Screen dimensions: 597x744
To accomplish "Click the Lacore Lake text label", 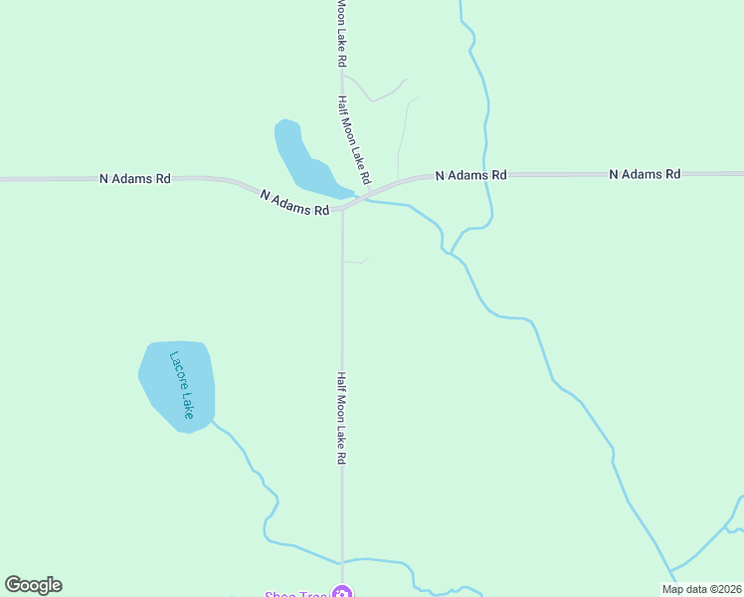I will click(181, 385).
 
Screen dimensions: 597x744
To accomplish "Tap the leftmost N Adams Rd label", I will click(135, 179).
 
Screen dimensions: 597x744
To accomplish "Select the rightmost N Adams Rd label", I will click(645, 174).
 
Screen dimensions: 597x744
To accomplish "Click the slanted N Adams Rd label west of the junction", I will click(294, 203).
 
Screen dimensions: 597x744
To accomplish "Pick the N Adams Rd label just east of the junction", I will click(471, 175).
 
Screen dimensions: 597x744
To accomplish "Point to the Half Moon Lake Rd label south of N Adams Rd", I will click(340, 419).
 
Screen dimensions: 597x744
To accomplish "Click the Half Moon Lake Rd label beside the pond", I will click(353, 140).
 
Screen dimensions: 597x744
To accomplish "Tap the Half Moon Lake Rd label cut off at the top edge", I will click(341, 33).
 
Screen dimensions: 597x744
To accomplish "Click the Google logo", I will click(33, 585).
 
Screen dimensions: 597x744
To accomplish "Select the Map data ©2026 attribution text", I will click(702, 589).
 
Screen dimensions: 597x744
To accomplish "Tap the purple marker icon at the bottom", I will click(342, 593).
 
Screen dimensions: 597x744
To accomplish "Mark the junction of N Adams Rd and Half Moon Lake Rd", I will click(342, 208).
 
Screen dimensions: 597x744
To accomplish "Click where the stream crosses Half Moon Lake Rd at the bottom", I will click(342, 562).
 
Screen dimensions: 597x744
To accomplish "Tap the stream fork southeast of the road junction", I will click(451, 252).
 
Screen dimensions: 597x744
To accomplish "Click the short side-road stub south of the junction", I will click(356, 261).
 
